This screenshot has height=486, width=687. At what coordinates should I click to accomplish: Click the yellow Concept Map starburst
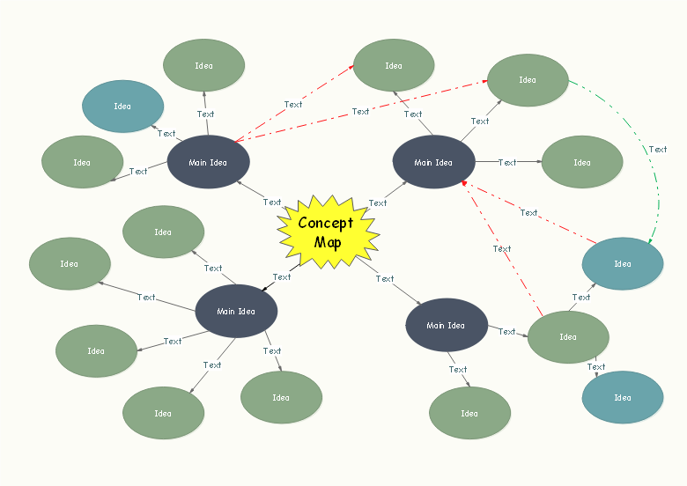(328, 232)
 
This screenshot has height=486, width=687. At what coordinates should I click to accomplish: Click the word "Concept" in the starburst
(325, 223)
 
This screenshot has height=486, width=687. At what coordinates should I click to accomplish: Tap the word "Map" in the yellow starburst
(327, 241)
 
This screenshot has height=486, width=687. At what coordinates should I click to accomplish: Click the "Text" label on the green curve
(658, 150)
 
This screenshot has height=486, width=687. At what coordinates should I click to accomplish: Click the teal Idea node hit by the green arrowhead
(623, 263)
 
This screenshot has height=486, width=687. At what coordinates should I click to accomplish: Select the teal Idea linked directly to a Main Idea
(122, 107)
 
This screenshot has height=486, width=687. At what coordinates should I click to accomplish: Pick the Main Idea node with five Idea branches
(236, 311)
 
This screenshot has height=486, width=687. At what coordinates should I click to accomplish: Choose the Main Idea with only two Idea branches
(447, 325)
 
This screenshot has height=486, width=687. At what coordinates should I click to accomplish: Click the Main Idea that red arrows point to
(433, 162)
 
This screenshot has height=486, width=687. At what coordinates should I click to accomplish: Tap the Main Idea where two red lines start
(209, 162)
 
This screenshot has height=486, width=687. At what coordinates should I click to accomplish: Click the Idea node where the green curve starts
(528, 80)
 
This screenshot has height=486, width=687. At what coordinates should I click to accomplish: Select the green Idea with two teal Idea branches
(568, 336)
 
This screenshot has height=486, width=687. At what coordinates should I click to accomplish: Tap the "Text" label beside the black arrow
(282, 277)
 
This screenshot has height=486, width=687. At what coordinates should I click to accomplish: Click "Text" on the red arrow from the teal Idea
(528, 212)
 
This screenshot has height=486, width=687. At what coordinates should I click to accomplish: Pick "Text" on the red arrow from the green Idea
(502, 249)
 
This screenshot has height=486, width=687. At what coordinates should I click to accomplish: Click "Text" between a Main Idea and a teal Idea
(166, 134)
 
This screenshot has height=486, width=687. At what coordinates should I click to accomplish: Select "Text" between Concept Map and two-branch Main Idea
(385, 279)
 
